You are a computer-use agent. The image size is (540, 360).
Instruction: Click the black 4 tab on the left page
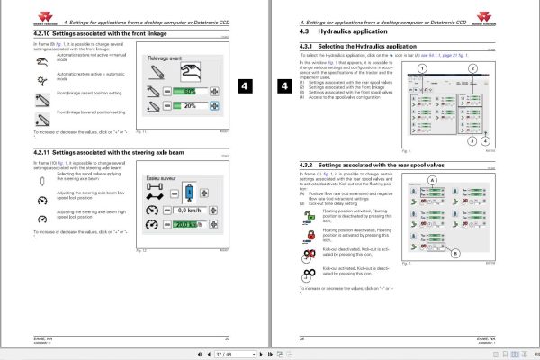pyautogui.click(x=248, y=85)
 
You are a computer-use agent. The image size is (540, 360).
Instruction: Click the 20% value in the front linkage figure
pyautogui.click(x=190, y=106)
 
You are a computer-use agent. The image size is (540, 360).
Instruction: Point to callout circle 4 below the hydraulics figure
pyautogui.click(x=486, y=141)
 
